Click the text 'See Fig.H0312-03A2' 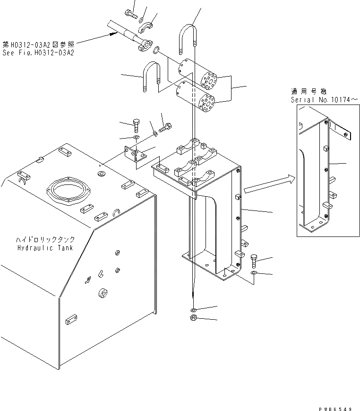[x=38, y=52]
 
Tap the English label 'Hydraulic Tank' [x=45, y=248]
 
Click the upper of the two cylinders [x=197, y=74]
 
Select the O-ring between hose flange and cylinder [x=157, y=48]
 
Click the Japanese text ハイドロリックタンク [x=45, y=240]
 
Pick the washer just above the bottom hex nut [x=194, y=310]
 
